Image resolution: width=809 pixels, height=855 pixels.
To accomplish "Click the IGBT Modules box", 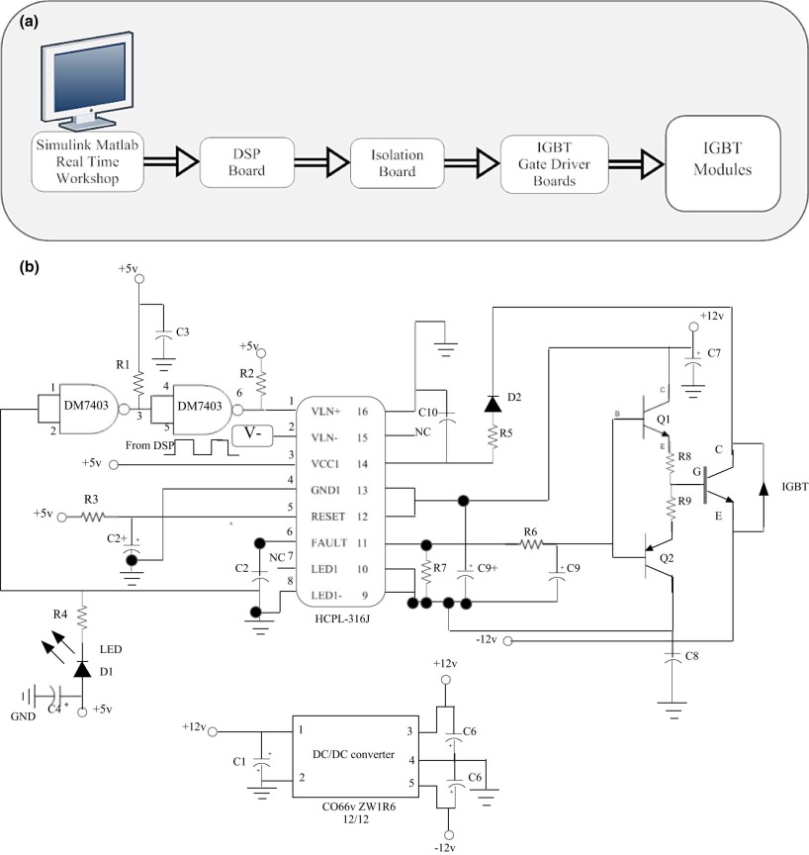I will coord(723,162).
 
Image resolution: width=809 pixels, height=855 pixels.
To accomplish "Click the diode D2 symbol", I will coord(492,403).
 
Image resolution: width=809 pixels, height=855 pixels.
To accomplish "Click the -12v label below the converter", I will coord(447,847).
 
